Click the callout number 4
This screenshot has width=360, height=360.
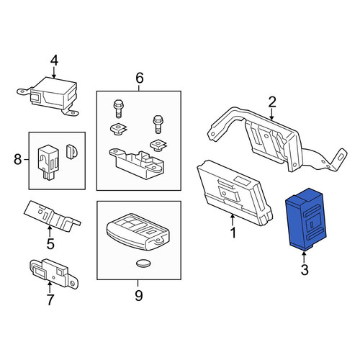click(x=54, y=60)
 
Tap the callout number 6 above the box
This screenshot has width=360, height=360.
click(x=140, y=78)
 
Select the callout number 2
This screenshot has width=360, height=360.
click(x=272, y=102)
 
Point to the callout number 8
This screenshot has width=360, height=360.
click(x=17, y=159)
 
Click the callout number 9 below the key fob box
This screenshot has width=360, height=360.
click(x=139, y=295)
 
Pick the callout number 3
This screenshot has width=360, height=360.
click(x=305, y=269)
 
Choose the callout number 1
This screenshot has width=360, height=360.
click(x=233, y=233)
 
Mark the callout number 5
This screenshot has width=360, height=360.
click(x=50, y=244)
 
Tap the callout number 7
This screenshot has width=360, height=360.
click(x=50, y=300)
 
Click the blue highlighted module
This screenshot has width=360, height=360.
click(x=306, y=219)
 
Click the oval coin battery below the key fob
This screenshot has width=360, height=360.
click(x=143, y=264)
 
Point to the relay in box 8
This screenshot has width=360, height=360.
click(x=48, y=161)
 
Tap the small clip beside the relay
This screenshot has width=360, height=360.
click(x=71, y=151)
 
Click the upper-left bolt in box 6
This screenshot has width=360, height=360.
click(x=117, y=109)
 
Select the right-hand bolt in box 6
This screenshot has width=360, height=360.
click(x=157, y=124)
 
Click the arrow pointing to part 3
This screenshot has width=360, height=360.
click(x=305, y=256)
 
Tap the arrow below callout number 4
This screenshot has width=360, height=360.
click(x=54, y=73)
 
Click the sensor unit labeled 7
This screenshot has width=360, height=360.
click(x=54, y=274)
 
